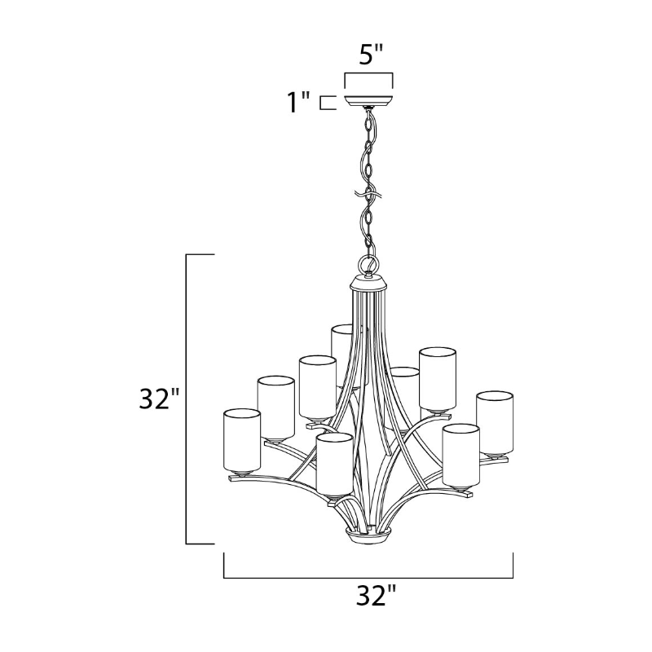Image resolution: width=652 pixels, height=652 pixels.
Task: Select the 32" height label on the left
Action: [x=159, y=399]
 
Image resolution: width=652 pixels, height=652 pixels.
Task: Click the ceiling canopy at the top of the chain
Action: [x=368, y=101]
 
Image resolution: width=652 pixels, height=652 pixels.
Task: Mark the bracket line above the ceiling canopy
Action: [x=368, y=74]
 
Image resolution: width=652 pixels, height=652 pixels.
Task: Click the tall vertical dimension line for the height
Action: [x=187, y=399]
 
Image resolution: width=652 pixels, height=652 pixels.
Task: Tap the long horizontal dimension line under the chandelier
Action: [x=368, y=578]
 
